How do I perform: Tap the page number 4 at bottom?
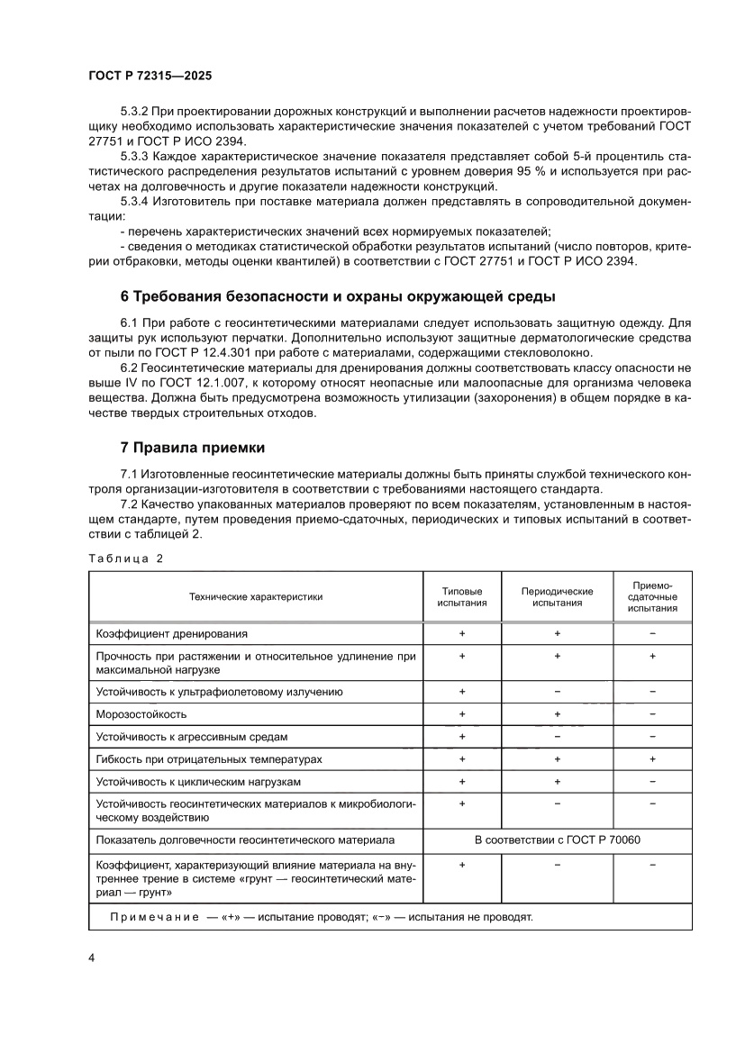[x=92, y=957]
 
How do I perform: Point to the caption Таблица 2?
[x=125, y=558]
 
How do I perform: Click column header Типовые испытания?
[x=461, y=596]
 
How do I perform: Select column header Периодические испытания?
[x=557, y=596]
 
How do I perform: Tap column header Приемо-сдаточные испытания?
[x=652, y=596]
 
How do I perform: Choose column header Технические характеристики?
[x=256, y=596]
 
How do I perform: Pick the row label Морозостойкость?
[x=141, y=714]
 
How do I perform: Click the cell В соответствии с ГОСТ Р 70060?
[x=558, y=840]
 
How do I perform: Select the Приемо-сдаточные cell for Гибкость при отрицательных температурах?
[x=652, y=759]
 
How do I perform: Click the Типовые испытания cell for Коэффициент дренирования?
[x=461, y=634]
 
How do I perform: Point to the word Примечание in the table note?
[x=153, y=917]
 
